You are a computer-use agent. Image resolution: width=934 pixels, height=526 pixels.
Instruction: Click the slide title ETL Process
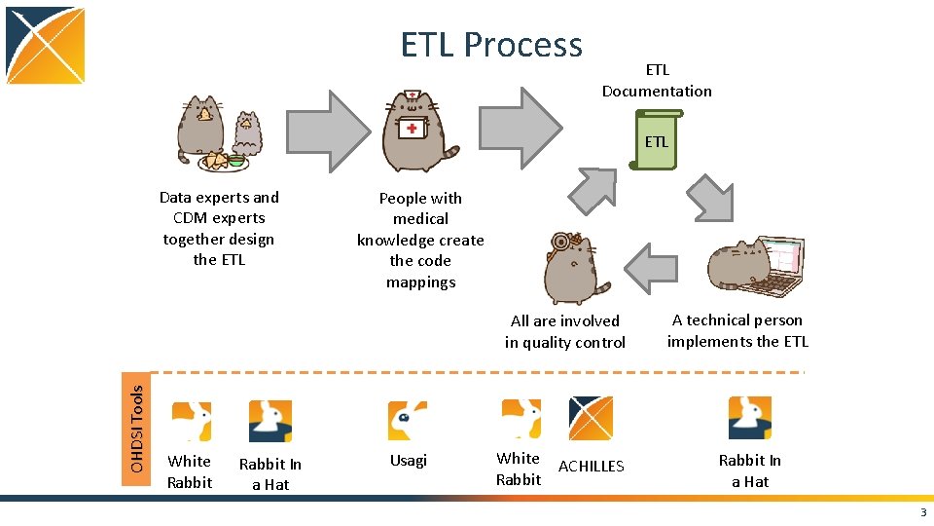(491, 45)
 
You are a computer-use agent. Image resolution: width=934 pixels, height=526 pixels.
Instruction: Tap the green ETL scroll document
(658, 141)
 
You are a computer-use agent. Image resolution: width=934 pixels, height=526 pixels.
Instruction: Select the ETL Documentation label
(657, 81)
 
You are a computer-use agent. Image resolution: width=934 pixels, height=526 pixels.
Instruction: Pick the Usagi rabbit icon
(408, 421)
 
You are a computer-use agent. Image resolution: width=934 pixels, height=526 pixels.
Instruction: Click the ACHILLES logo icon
(591, 419)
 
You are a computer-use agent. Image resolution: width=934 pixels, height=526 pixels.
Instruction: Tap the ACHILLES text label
(591, 467)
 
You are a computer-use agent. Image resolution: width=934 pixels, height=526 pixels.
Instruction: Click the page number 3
(922, 513)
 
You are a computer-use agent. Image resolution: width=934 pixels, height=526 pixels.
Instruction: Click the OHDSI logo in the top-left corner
(45, 46)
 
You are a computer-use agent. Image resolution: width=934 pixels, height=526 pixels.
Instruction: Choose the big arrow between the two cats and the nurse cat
(328, 131)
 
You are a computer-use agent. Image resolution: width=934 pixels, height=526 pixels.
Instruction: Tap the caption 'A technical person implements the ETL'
(737, 331)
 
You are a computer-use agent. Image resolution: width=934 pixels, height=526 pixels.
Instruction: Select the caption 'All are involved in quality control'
(565, 331)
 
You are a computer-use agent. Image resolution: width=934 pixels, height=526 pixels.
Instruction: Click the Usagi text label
(409, 461)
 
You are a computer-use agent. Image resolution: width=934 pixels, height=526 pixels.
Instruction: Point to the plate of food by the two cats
(223, 161)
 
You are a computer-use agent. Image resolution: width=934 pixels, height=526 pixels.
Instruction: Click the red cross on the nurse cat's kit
(413, 129)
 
